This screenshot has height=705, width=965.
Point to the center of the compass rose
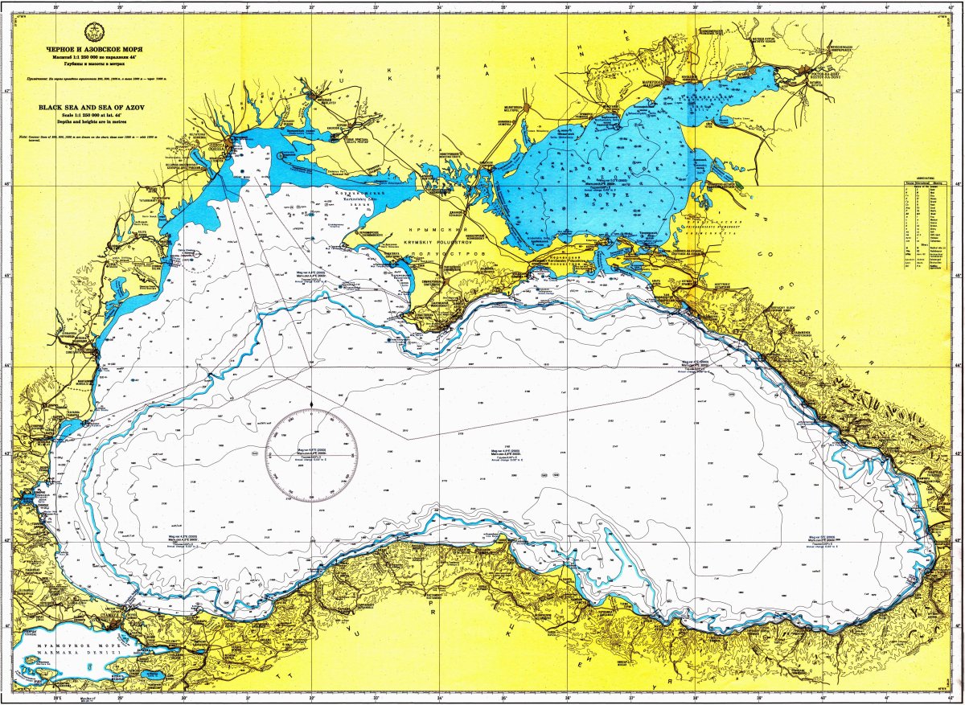click(311, 455)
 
